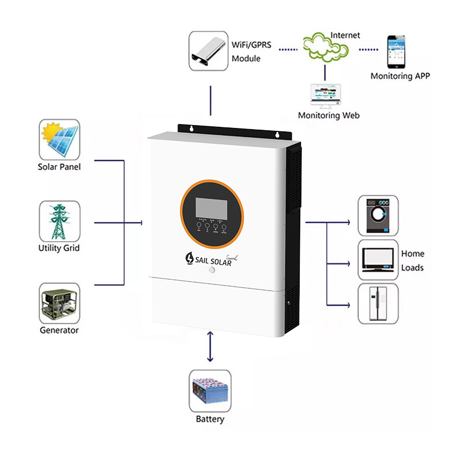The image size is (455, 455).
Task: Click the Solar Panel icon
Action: pos(59,140)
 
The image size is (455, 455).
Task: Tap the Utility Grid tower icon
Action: pos(59,221)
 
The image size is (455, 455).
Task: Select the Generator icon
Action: pos(59,303)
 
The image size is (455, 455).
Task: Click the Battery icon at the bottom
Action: pos(210,391)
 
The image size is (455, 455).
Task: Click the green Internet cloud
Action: pos(325,48)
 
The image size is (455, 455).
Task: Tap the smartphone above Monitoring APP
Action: pos(398,51)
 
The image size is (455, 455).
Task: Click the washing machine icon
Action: pos(378,216)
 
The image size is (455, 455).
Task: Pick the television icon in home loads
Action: pos(378,259)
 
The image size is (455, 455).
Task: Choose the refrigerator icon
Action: pos(378,304)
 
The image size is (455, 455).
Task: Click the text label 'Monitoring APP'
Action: pos(400,76)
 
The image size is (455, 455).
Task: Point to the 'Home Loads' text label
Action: pos(412,260)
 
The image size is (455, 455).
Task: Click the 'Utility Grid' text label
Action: pos(59,248)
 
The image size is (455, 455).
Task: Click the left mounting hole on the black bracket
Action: pos(192,129)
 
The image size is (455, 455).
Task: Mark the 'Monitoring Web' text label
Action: pos(328,115)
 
